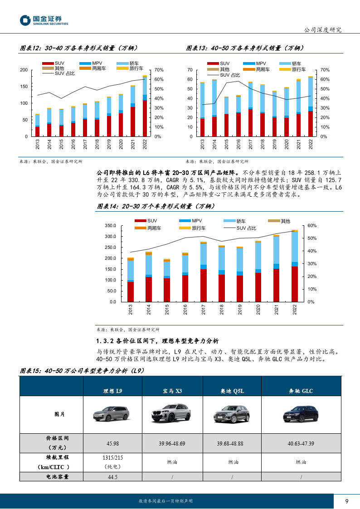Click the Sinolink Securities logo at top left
44,20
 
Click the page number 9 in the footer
347,501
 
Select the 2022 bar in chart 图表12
145,106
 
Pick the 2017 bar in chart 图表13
250,109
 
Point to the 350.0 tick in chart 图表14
110,226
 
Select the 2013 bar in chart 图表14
131,280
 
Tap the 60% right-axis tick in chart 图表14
312,226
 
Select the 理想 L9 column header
112,391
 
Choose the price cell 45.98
112,443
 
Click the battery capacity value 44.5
112,477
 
